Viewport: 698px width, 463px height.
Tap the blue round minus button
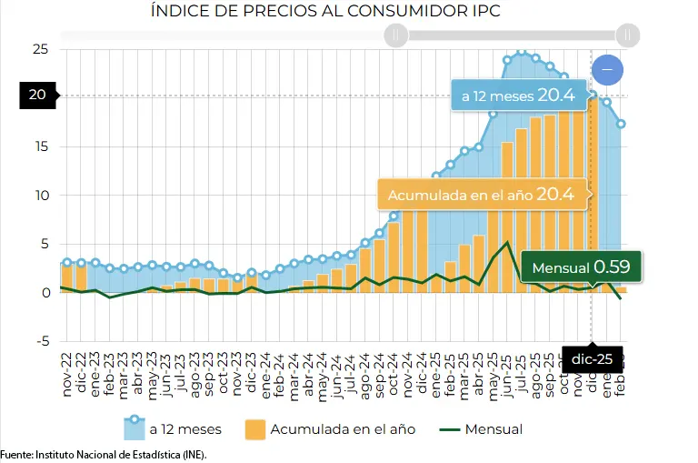click(x=607, y=69)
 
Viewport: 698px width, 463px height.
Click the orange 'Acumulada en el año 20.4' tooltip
click(x=482, y=195)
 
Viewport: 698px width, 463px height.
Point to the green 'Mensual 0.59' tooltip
click(x=581, y=268)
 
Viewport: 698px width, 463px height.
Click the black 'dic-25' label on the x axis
click(x=591, y=358)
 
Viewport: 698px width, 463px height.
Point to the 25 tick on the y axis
click(x=40, y=49)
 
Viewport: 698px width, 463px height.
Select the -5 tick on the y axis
click(x=40, y=342)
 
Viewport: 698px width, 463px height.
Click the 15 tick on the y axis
click(x=40, y=146)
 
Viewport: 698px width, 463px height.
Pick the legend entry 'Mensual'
click(x=483, y=428)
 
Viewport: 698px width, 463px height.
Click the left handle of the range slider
click(x=395, y=35)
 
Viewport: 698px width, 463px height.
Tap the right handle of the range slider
click(x=627, y=35)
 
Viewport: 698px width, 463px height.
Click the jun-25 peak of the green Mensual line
click(x=507, y=242)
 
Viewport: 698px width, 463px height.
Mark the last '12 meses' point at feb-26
click(x=622, y=124)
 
